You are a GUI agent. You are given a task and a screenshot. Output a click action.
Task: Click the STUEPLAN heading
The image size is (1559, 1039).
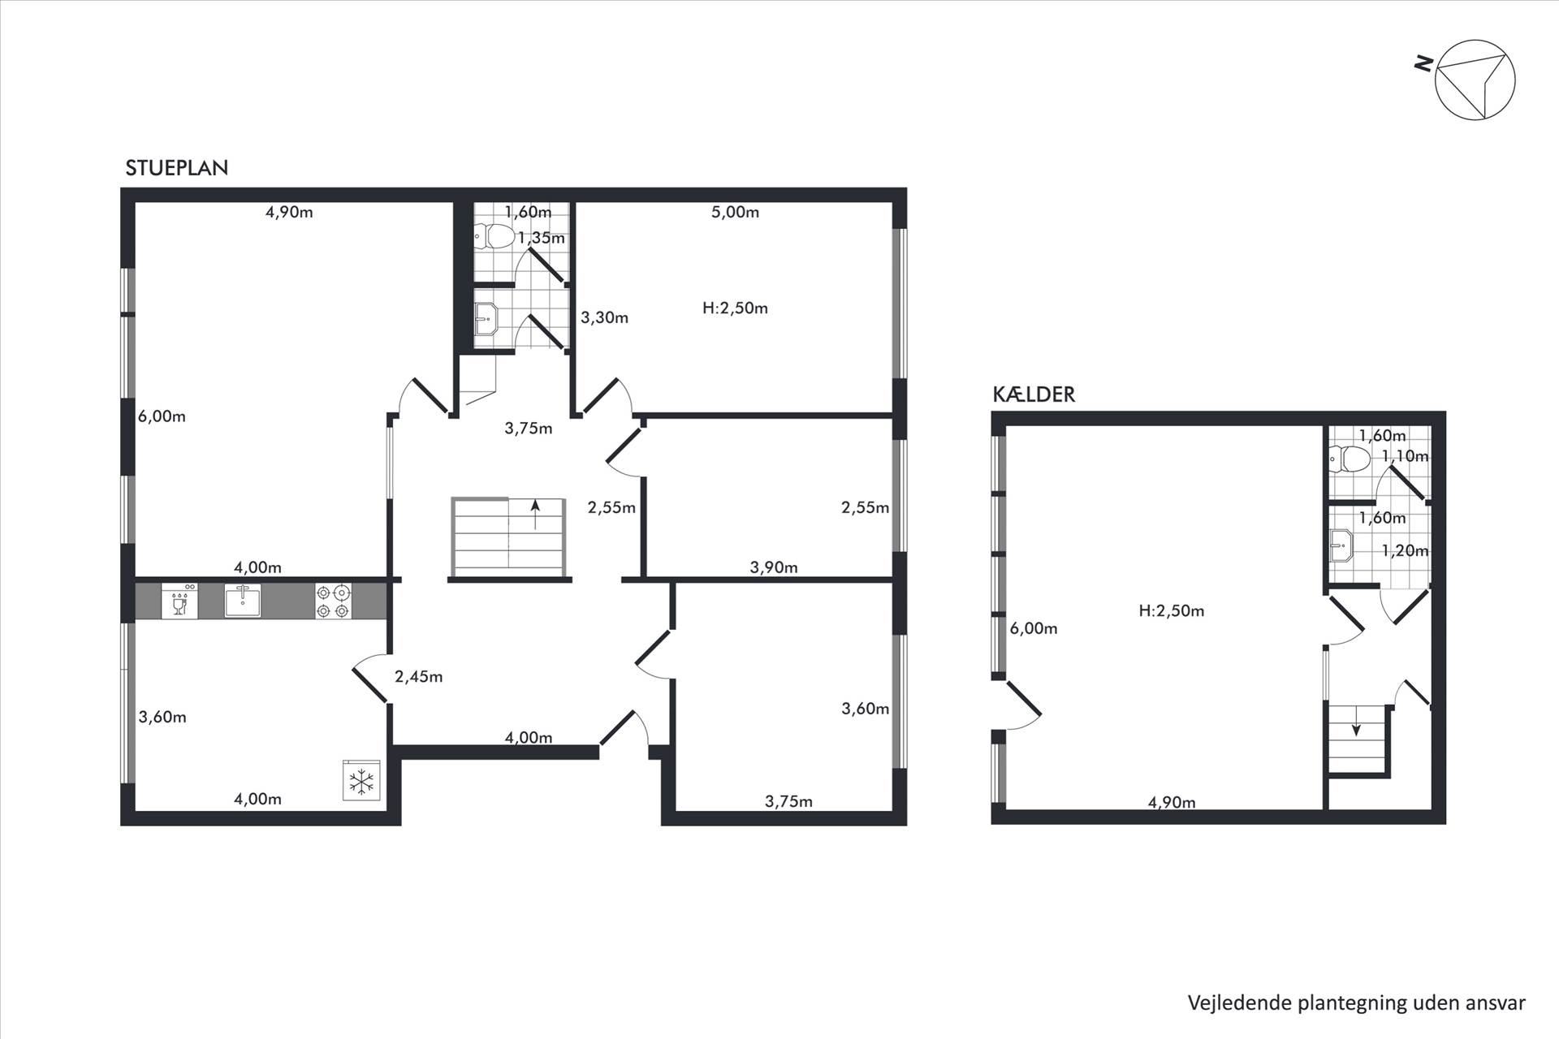tap(177, 168)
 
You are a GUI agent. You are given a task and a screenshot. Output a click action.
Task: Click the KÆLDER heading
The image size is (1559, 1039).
tap(1034, 394)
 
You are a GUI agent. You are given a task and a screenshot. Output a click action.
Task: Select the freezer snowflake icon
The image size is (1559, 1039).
tap(361, 780)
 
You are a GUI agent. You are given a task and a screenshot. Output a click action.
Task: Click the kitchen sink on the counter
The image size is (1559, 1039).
tap(243, 601)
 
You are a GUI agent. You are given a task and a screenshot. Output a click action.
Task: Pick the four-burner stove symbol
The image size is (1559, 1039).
tap(334, 601)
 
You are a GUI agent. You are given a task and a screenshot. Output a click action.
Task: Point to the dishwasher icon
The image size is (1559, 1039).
tap(179, 601)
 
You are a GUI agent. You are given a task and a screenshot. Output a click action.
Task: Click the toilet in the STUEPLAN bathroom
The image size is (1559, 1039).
tap(494, 236)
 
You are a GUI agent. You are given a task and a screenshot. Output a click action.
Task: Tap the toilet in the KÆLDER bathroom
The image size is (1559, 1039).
tap(1350, 459)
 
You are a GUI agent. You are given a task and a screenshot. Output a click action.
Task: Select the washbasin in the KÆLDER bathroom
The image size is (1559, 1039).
tap(1341, 545)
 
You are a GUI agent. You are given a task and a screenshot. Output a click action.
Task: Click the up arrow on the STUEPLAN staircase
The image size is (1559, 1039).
tap(535, 515)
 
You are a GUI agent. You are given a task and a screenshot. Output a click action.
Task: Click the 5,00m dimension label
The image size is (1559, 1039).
tap(735, 213)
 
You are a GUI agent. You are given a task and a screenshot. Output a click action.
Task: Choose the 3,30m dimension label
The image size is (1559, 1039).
tap(604, 318)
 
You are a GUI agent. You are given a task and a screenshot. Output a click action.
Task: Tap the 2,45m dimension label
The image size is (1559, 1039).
tap(418, 677)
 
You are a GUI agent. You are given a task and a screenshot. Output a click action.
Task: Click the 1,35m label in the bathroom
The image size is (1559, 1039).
tap(541, 239)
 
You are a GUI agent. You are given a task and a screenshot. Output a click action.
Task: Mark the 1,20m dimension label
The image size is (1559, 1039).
tap(1405, 551)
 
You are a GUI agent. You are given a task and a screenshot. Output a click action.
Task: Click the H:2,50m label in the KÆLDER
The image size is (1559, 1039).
tap(1171, 611)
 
